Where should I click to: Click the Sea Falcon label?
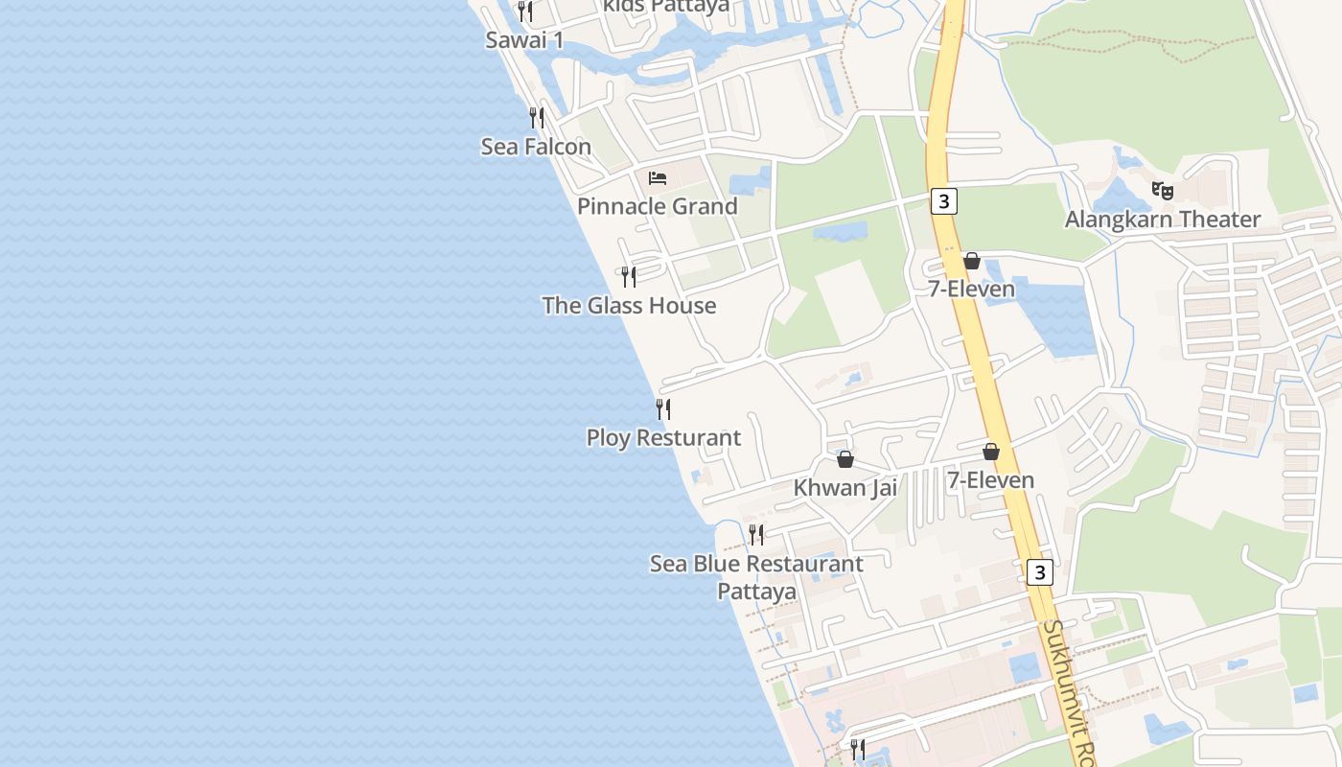536,147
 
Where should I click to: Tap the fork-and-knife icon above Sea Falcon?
537,118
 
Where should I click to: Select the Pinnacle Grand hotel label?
658,206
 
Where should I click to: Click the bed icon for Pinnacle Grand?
658,178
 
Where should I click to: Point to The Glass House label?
629,306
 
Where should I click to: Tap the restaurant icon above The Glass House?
629,277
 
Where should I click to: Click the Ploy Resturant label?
663,438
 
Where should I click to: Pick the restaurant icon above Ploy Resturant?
663,409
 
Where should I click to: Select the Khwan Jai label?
845,488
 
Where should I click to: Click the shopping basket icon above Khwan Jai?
845,460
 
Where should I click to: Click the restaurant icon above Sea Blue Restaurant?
756,534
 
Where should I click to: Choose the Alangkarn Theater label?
1163,220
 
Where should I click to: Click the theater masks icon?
1163,191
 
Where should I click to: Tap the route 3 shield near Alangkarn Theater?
944,201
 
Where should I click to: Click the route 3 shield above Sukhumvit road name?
1039,572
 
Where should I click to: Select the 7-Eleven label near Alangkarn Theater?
971,289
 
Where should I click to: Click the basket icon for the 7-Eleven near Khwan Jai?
991,452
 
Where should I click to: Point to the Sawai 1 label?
524,40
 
